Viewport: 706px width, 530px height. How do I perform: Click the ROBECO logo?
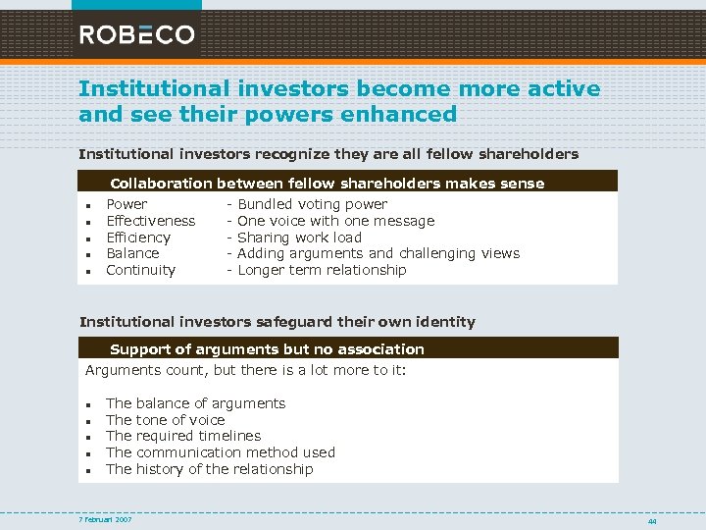pos(137,35)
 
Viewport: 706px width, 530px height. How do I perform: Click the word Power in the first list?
pos(126,204)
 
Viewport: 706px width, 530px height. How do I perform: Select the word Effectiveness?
pos(150,221)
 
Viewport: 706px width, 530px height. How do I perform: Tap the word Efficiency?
pos(138,238)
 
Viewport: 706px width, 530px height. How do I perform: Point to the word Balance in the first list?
pos(132,253)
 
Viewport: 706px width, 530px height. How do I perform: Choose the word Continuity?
pos(140,270)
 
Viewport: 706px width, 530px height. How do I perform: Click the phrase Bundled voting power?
pos(313,204)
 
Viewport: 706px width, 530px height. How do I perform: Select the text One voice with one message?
pos(336,221)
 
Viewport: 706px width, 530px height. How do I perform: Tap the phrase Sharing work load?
pos(300,238)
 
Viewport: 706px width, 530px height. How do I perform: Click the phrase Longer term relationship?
pos(322,270)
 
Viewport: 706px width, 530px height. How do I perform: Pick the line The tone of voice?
pos(166,420)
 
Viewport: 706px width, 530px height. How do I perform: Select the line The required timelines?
pos(183,436)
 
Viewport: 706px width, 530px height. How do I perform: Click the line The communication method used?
pos(221,452)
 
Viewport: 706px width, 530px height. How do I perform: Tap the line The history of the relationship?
pos(210,469)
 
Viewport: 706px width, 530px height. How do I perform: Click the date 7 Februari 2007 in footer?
pos(106,519)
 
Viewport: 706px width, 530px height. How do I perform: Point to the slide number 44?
pos(652,521)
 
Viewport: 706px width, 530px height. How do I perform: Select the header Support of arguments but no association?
pos(267,348)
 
